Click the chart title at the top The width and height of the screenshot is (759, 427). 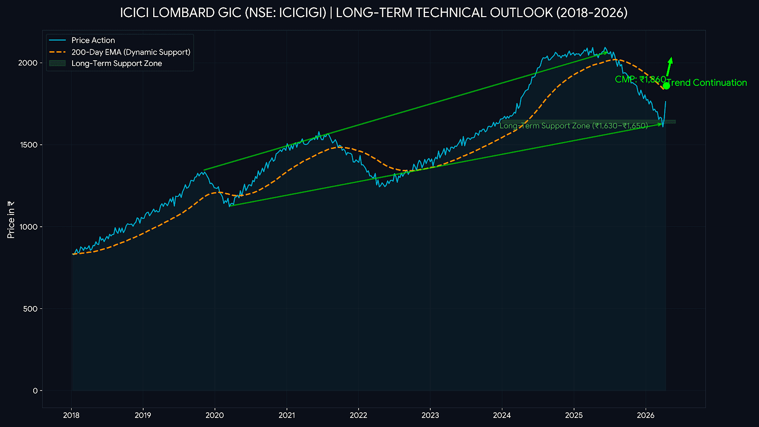(374, 13)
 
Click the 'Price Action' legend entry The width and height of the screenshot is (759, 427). (93, 40)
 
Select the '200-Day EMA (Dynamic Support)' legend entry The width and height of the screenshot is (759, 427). (130, 52)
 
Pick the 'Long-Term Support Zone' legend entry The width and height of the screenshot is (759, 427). (116, 64)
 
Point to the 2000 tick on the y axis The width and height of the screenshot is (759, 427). (28, 63)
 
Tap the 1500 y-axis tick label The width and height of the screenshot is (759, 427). (28, 145)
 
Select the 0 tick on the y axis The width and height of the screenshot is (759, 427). (35, 391)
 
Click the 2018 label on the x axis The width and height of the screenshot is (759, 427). (71, 416)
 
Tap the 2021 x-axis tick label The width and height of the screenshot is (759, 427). (287, 416)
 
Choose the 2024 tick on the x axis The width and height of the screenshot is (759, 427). (502, 416)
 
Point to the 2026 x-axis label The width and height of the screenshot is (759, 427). (646, 416)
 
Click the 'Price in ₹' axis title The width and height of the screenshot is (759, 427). (11, 220)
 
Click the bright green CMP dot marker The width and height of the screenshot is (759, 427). (666, 85)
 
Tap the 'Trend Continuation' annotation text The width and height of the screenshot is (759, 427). (707, 83)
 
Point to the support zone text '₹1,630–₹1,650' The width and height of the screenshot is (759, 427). (620, 126)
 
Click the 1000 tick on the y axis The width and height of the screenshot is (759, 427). (28, 227)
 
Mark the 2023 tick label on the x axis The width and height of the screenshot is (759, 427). (430, 416)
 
